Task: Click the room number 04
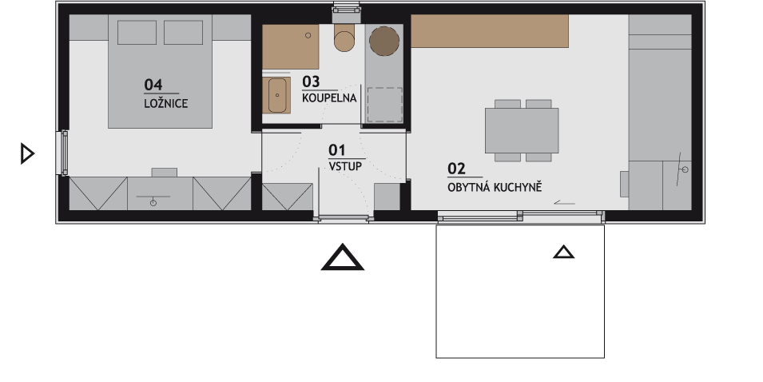pos(153,85)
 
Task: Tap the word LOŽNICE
pos(166,104)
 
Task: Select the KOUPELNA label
pos(329,97)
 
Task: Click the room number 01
pos(336,150)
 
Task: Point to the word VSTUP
pos(345,166)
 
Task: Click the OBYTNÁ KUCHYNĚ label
pos(495,187)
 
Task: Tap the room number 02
pos(456,169)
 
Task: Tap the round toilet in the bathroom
pos(344,41)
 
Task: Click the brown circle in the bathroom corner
pos(384,41)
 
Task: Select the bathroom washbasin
pos(277,95)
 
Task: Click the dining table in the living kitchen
pos(522,130)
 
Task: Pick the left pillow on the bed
pos(137,33)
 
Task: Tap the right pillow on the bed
pos(184,33)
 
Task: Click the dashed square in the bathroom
pos(384,105)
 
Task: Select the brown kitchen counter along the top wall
pos(490,31)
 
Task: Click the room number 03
pos(311,82)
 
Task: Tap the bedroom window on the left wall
pos(64,153)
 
